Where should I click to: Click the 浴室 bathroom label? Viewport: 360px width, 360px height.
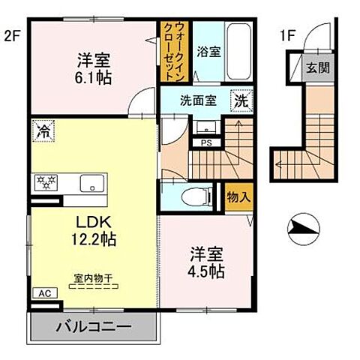tap(208, 53)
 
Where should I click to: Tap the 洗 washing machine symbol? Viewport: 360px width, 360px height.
tap(241, 100)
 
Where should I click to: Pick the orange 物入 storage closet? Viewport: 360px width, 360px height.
tap(238, 196)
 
